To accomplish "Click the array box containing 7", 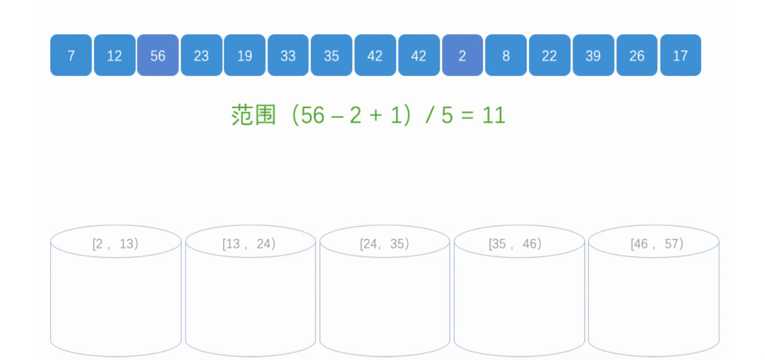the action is pos(71,55).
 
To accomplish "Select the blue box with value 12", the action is pos(115,55).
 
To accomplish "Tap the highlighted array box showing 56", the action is pos(158,55).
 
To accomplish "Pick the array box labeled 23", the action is pos(201,55).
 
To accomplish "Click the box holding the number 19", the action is pos(245,55).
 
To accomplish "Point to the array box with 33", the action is pos(288,55).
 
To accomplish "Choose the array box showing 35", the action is pos(331,55).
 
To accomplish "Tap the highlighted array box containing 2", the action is pos(463,55).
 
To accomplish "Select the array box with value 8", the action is pos(506,55).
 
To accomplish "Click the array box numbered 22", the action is pos(549,55).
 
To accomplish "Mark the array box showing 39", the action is pos(593,55).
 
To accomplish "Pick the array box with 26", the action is pos(637,55).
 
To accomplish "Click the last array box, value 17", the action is pos(680,55).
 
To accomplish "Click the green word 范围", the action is pos(253,115).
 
